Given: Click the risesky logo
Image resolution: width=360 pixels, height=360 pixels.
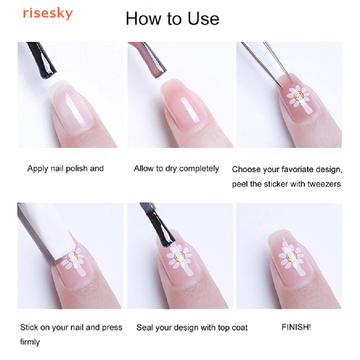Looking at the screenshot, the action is pos(47,13).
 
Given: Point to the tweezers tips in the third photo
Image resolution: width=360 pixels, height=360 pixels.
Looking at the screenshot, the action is pos(287,85).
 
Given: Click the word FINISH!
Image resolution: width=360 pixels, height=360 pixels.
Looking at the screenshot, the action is pos(296,327).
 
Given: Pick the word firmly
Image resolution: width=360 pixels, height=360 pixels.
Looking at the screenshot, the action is pos(30,342).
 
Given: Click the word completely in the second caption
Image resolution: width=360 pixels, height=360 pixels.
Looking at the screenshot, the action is pos(199,169).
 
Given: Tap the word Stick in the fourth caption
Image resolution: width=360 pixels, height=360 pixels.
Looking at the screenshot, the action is pos(29,327).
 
